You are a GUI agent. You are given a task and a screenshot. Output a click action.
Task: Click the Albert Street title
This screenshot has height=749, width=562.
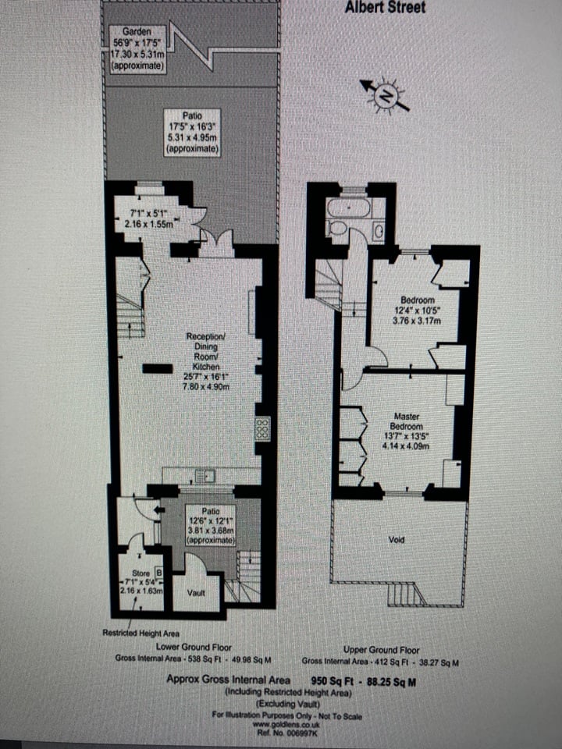click(x=386, y=8)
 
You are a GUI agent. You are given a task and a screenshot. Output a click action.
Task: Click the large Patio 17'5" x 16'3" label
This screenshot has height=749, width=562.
click(x=191, y=131)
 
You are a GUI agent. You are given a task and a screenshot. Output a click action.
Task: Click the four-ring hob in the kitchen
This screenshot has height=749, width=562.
click(x=263, y=428)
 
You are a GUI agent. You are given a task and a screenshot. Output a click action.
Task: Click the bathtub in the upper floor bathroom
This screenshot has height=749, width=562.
click(x=349, y=208)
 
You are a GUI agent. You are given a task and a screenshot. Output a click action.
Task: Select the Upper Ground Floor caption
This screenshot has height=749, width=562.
click(x=381, y=649)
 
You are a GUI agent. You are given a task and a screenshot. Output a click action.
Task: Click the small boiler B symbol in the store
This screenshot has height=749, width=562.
click(x=158, y=573)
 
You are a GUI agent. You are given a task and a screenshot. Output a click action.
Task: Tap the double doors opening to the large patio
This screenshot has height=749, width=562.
click(x=216, y=243)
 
